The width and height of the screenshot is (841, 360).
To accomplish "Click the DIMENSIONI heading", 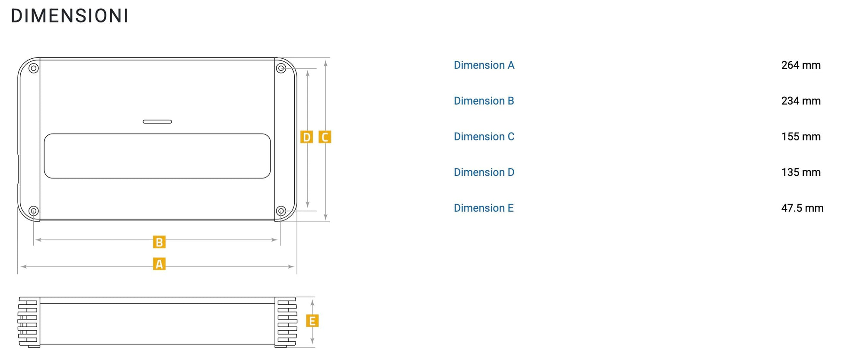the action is coord(70,16).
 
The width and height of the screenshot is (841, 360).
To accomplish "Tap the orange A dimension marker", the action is coord(159,264).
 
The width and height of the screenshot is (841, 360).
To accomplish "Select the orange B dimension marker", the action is coord(159,242).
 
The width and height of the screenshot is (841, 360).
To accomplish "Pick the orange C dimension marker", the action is coord(325,137).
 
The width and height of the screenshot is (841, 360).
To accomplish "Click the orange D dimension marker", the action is coord(306,137).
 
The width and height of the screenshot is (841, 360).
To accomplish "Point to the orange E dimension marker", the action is coord(312,321).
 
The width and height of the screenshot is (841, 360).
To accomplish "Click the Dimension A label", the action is coord(484,65).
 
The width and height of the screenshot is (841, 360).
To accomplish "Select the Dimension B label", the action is coord(484,101).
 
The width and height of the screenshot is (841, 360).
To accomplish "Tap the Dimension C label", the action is coord(484,137).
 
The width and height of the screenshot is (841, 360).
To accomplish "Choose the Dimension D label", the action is coord(484,172).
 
